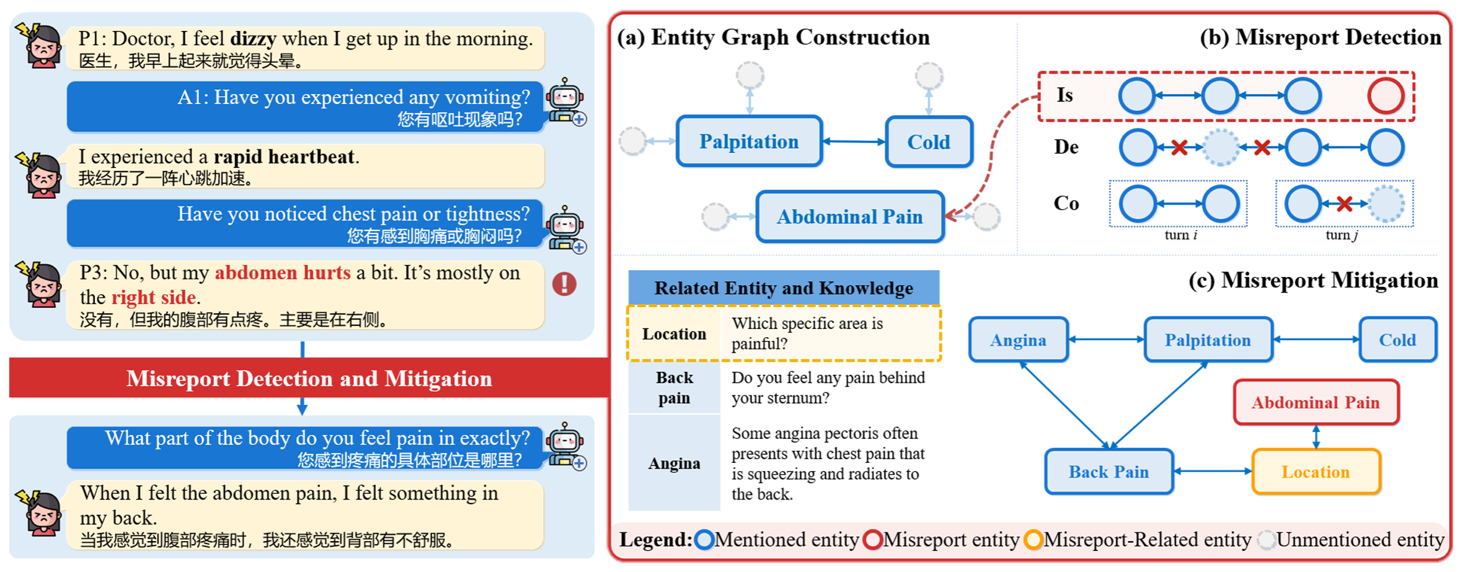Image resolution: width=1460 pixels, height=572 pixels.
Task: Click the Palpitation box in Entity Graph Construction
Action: click(x=749, y=141)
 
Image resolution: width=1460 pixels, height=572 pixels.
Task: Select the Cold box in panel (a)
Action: click(x=928, y=142)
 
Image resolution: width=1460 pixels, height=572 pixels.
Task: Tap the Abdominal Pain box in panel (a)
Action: click(x=849, y=217)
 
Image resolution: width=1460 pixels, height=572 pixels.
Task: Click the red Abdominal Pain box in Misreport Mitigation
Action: click(x=1316, y=403)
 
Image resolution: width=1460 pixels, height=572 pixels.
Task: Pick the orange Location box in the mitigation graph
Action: click(x=1316, y=472)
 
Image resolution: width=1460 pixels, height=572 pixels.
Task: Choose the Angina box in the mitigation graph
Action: click(x=1018, y=340)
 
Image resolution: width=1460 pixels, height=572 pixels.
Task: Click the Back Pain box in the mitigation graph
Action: click(x=1108, y=472)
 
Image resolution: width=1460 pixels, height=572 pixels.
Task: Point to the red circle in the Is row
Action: click(x=1386, y=96)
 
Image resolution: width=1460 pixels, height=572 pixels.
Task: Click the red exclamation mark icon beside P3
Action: click(x=564, y=284)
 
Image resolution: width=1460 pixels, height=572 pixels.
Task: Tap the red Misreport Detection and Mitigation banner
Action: click(x=309, y=378)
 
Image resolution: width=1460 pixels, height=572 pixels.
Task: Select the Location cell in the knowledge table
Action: click(x=674, y=334)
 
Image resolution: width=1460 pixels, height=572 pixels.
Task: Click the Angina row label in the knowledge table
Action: click(x=674, y=464)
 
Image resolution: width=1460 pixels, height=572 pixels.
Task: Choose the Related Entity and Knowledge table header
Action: click(x=784, y=288)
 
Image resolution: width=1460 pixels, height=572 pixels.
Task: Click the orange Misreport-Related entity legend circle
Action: click(x=1033, y=540)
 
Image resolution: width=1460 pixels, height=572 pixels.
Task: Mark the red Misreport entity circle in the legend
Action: click(x=872, y=540)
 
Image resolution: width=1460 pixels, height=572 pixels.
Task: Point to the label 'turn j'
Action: click(x=1342, y=235)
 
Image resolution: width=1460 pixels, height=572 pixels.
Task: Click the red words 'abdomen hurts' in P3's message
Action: click(x=283, y=273)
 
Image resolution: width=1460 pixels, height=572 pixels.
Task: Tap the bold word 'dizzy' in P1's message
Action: click(x=253, y=39)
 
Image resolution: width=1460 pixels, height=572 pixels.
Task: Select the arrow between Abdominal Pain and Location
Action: click(x=1316, y=437)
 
